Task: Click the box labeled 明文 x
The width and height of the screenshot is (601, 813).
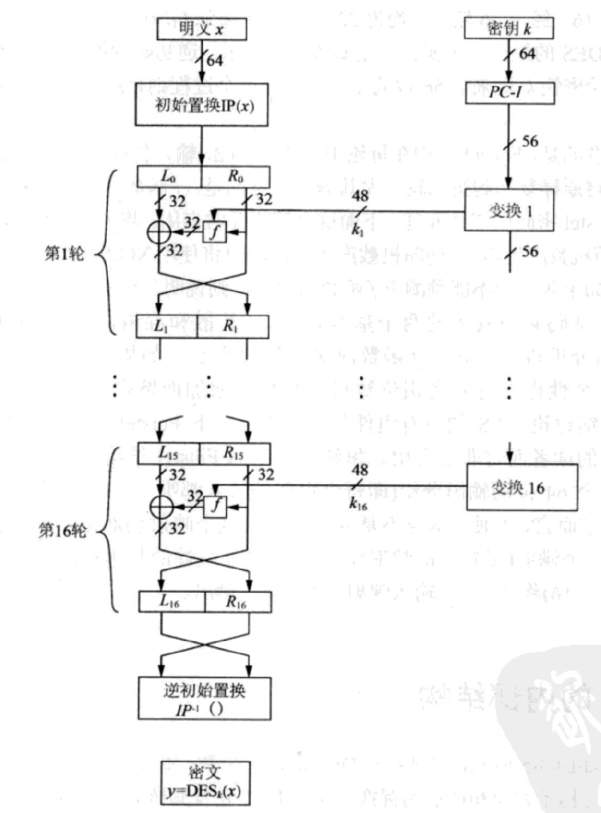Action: (x=201, y=28)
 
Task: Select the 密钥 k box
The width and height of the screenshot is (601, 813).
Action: (x=509, y=28)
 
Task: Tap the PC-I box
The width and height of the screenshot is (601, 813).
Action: (x=509, y=93)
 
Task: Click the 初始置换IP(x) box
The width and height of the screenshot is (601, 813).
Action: (x=201, y=105)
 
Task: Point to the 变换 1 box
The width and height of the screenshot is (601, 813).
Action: (x=509, y=210)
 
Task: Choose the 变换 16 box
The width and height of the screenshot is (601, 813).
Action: (x=521, y=487)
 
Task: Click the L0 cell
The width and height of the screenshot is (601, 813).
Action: (x=169, y=176)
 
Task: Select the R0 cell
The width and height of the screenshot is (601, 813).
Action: (x=235, y=176)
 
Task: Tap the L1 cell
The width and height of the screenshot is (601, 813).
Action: (x=166, y=327)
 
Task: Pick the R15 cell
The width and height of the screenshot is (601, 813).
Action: (x=234, y=454)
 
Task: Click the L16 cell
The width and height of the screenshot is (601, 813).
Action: (x=171, y=602)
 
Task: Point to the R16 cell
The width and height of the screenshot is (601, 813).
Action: (x=238, y=602)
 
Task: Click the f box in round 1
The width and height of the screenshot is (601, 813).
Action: (x=215, y=231)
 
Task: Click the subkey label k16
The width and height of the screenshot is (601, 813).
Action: (x=358, y=504)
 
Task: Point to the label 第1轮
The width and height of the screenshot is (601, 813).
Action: (x=65, y=254)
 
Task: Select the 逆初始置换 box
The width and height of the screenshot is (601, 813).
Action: (x=204, y=698)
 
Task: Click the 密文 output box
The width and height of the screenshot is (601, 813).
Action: (x=205, y=782)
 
